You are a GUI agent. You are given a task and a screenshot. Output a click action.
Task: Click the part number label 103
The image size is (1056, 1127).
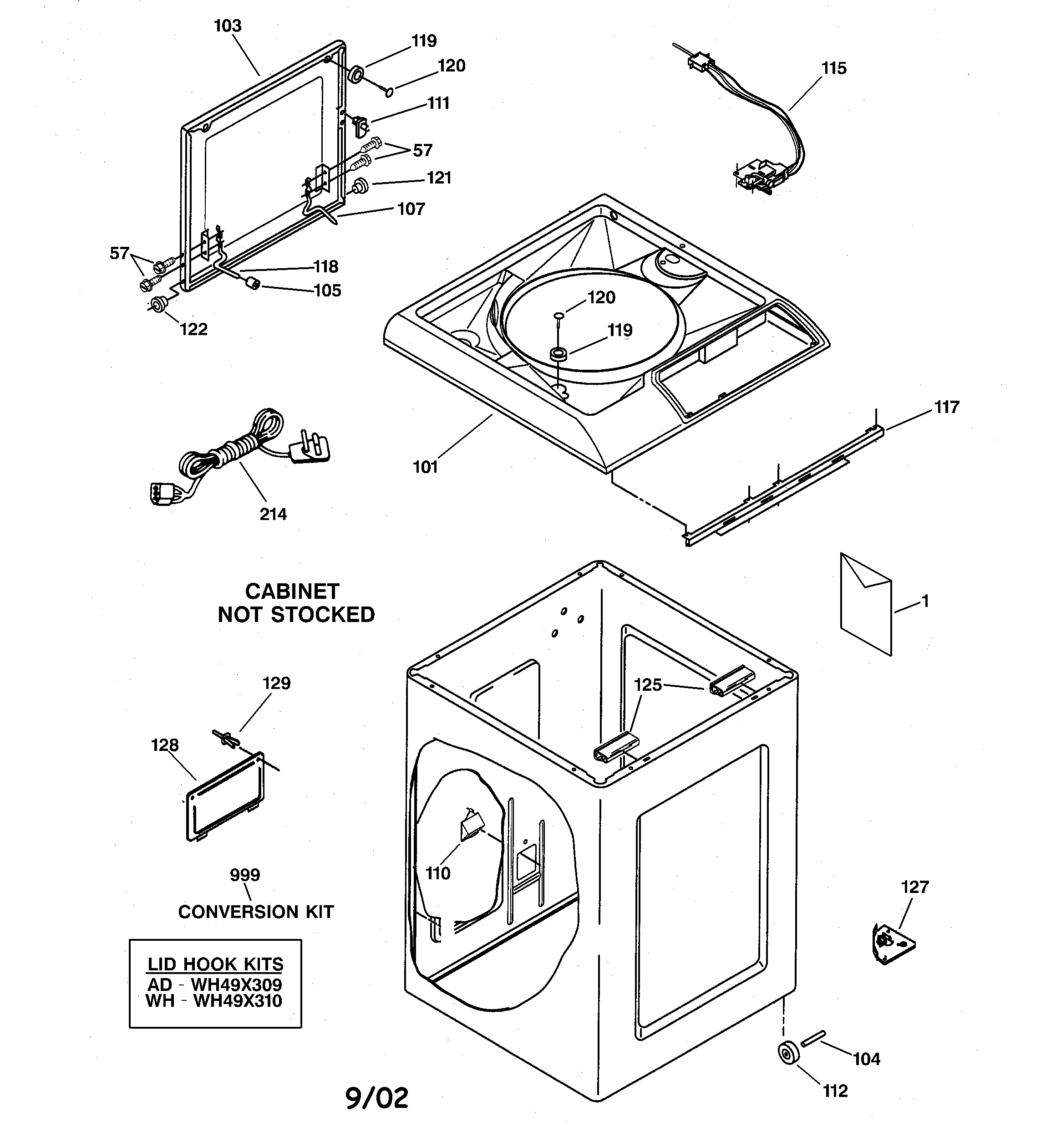click(x=227, y=26)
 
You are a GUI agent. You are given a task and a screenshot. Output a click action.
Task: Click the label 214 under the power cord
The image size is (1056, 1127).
click(x=273, y=514)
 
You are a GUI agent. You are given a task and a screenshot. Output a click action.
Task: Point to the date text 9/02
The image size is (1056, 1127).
click(x=376, y=1098)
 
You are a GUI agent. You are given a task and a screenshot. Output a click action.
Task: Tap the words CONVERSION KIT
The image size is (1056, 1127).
click(x=256, y=912)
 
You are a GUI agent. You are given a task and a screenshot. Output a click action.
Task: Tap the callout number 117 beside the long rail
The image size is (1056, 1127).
click(x=947, y=407)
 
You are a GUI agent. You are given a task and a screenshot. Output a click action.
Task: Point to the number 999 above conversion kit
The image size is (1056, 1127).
click(x=245, y=875)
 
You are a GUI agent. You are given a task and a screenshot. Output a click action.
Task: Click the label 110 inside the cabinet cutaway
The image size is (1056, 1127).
click(x=437, y=873)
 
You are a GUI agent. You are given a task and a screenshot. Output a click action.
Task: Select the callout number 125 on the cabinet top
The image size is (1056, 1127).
click(x=647, y=685)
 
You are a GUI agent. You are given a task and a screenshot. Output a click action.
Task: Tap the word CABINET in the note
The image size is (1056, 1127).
click(x=292, y=592)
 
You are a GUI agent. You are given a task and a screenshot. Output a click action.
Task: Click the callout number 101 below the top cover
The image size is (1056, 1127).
click(x=425, y=467)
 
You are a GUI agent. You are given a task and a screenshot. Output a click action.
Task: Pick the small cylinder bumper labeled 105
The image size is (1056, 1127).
click(x=252, y=283)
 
